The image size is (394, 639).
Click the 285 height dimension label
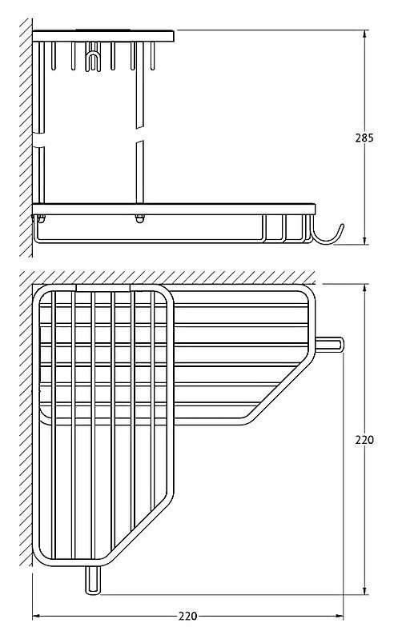click(x=364, y=138)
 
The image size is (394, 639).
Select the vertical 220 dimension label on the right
click(x=364, y=440)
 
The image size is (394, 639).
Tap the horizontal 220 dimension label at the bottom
click(x=187, y=616)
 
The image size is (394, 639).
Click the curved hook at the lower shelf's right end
click(x=328, y=235)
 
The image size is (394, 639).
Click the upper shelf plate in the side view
click(x=103, y=36)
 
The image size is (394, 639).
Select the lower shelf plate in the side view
click(x=174, y=209)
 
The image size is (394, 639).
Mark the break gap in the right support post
click(x=140, y=134)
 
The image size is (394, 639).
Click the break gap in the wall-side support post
click(x=39, y=140)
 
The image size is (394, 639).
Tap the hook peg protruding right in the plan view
click(x=330, y=345)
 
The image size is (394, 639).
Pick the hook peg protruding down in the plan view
click(x=93, y=579)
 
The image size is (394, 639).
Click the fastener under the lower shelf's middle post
click(x=140, y=219)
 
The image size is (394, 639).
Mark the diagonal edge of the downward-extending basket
click(x=140, y=532)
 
